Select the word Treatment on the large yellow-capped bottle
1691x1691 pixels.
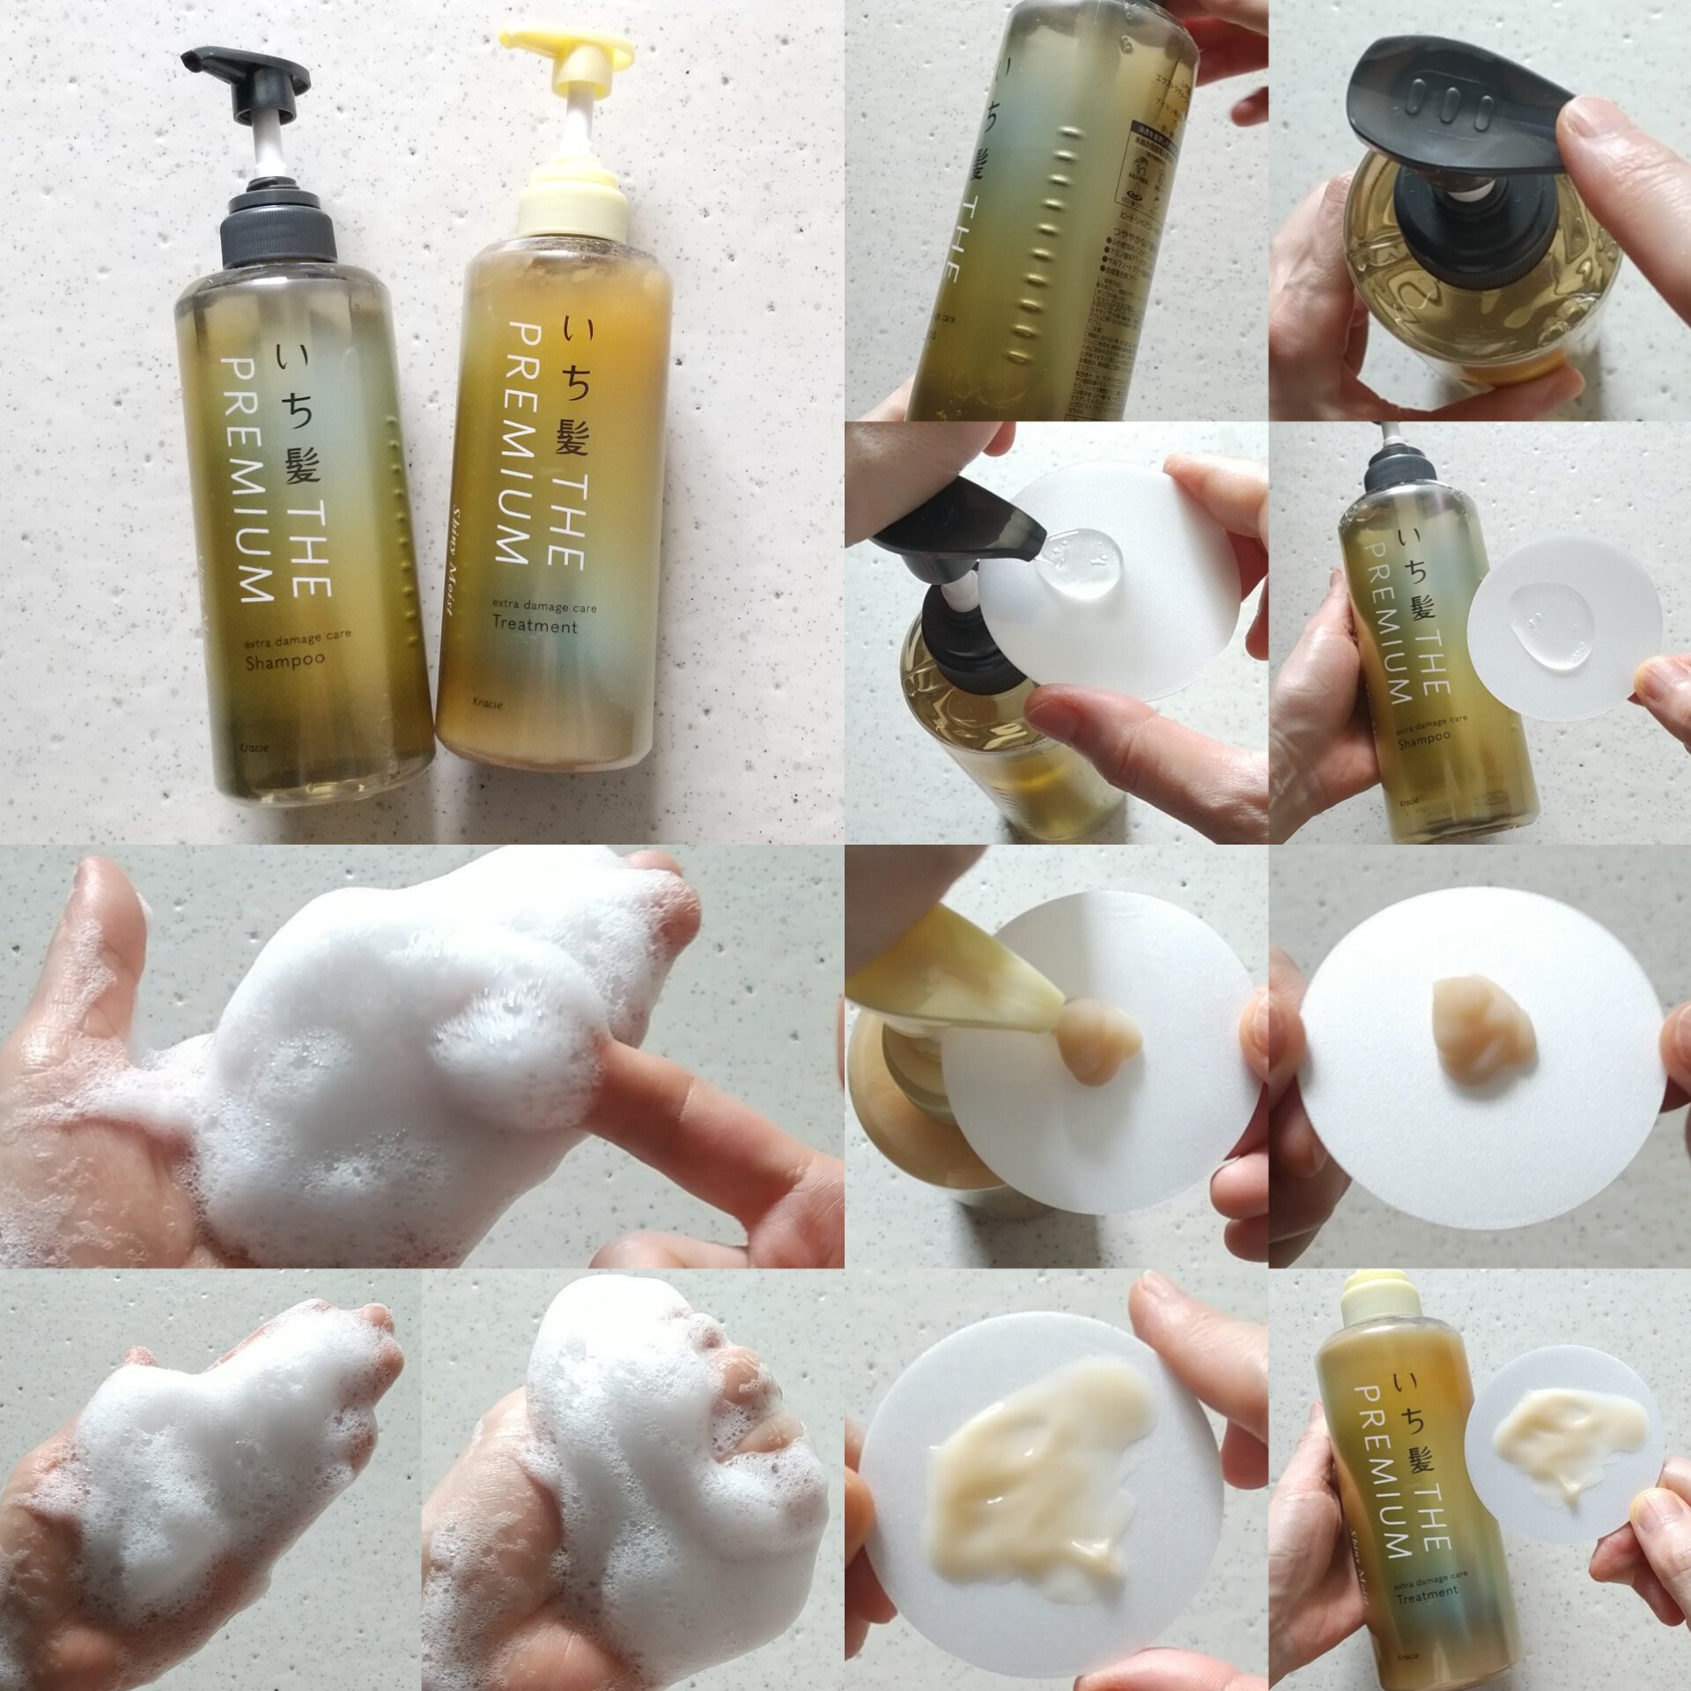(534, 625)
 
